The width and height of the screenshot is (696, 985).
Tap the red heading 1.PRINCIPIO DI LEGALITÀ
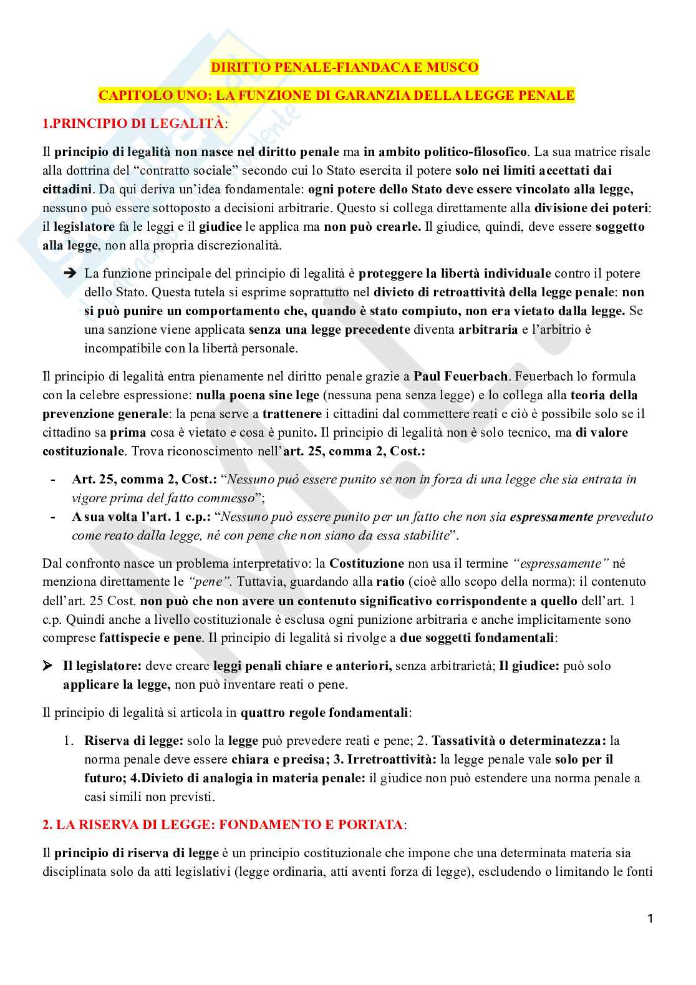(133, 124)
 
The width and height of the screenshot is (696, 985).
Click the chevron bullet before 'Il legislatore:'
(47, 666)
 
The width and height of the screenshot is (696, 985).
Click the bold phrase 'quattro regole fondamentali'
(324, 712)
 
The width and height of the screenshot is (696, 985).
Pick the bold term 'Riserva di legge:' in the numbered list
(133, 740)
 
